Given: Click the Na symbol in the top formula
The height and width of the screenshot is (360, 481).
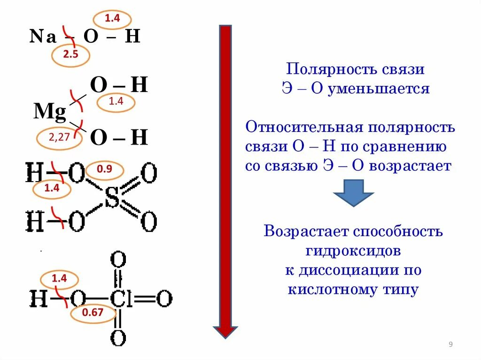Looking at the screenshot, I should pos(43,37).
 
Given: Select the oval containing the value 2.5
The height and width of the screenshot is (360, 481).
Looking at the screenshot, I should pos(70,55).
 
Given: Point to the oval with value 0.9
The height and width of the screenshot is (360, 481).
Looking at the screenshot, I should pos(104,170).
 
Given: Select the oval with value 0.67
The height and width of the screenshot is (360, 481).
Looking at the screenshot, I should pos(93,313).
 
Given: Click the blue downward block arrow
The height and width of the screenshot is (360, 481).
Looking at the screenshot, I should pos(353,192).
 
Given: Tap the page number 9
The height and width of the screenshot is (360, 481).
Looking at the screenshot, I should pos(450,345).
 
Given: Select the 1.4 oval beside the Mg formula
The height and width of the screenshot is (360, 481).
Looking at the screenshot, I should pos(115,102).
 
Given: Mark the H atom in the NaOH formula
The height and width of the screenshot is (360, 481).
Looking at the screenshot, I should pos(132,37).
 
